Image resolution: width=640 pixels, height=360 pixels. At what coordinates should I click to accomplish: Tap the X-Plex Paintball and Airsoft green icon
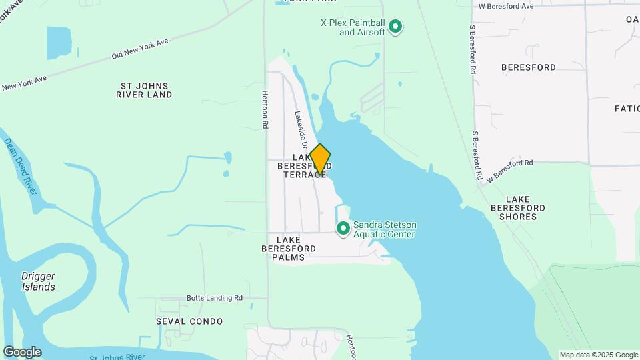(395, 27)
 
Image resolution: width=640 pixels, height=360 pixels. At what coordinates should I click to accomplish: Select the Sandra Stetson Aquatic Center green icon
(343, 229)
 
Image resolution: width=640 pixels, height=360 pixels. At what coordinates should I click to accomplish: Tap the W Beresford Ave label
(507, 6)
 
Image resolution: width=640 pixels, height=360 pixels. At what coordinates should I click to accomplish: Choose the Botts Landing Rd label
(213, 298)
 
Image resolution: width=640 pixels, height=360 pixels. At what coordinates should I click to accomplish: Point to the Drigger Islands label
(38, 281)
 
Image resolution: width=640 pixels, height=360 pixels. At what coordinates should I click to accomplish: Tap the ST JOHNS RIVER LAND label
(145, 90)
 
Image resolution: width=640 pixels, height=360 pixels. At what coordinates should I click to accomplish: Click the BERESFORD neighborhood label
(529, 67)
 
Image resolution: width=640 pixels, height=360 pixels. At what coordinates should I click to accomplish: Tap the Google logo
(22, 352)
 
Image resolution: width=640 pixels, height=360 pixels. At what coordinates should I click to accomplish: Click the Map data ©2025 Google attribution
(598, 355)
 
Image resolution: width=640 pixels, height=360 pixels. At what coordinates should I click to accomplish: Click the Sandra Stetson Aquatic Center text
(385, 229)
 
